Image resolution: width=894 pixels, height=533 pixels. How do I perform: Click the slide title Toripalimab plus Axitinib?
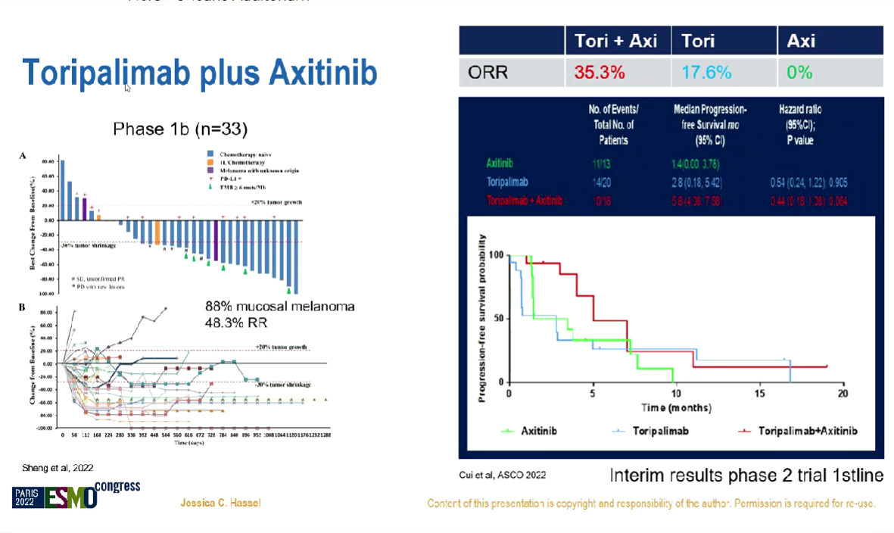click(x=200, y=73)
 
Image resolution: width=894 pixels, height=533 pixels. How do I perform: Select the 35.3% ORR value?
click(x=599, y=73)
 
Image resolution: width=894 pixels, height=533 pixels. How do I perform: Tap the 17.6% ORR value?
click(x=706, y=73)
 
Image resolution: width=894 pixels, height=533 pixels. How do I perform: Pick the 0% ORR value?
click(x=799, y=73)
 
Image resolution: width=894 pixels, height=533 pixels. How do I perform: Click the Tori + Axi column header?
click(x=616, y=41)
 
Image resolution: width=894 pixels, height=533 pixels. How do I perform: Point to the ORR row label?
click(x=487, y=73)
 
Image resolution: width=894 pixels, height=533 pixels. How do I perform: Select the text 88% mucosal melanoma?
click(x=279, y=307)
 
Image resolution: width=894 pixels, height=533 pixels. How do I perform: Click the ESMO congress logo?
click(x=76, y=494)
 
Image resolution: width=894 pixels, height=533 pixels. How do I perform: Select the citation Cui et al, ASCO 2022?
click(x=502, y=475)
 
